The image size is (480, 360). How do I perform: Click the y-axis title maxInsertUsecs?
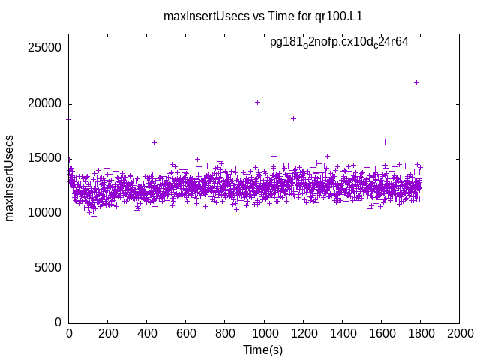tap(10, 178)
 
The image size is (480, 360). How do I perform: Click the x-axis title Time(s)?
tap(263, 349)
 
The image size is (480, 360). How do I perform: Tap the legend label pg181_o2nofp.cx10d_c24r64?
tap(339, 43)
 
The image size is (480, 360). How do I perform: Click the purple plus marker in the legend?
tap(430, 43)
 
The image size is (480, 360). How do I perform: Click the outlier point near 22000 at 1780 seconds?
tap(416, 82)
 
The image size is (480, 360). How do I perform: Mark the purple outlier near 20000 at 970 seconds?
tap(258, 102)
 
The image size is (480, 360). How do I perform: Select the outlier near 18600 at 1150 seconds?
tap(293, 118)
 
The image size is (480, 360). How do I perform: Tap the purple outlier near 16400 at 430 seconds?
tap(154, 142)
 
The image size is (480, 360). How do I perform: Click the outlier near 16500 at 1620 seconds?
tap(385, 142)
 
